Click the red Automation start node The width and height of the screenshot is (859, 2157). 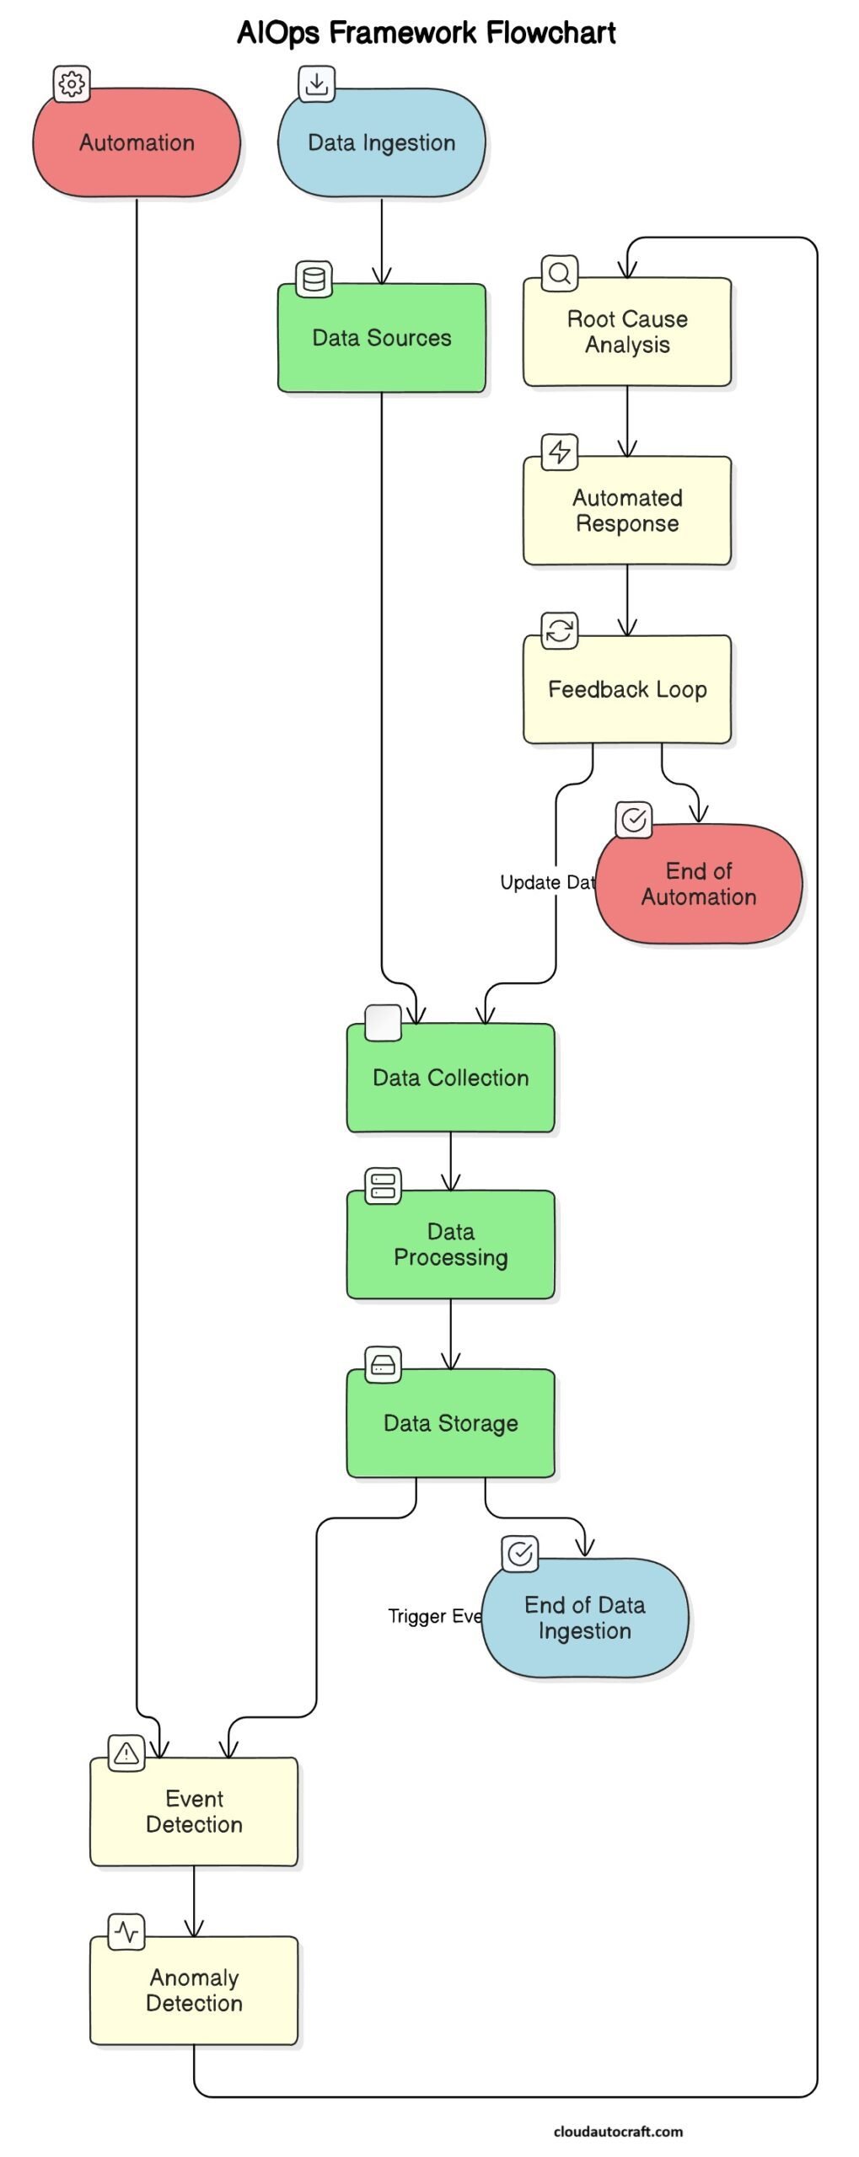click(137, 142)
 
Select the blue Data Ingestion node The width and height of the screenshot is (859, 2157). click(381, 142)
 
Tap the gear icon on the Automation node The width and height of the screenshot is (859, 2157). click(72, 83)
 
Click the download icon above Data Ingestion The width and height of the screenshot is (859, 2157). click(316, 83)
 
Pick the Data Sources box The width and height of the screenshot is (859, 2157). click(381, 338)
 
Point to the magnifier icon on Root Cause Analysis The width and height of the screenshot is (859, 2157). click(559, 273)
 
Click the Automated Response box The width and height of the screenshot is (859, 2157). click(626, 511)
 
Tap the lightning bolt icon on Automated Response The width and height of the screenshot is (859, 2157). click(559, 452)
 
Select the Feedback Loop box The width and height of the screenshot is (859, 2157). click(626, 689)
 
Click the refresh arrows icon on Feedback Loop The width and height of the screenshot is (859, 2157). click(559, 630)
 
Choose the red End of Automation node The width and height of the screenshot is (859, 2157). click(698, 883)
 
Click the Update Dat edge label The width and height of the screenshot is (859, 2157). click(547, 882)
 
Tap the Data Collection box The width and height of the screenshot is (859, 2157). click(450, 1078)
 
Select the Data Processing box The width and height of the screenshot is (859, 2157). click(450, 1244)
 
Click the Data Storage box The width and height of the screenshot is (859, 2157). click(450, 1423)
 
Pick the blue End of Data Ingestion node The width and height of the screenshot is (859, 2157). click(584, 1617)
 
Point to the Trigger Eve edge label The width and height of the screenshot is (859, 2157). click(434, 1616)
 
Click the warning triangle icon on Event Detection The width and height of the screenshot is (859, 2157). click(126, 1753)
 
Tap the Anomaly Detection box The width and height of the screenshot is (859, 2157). click(194, 1990)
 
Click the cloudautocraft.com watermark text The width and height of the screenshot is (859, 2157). click(618, 2131)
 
